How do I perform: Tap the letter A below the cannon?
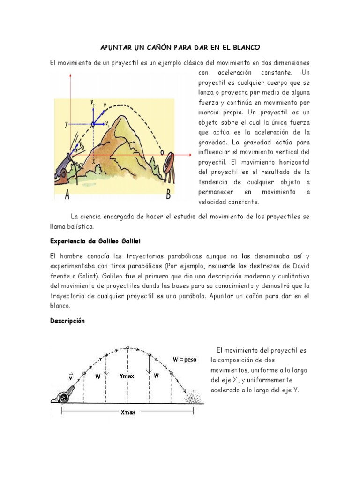pos(67,196)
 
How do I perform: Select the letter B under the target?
pos(168,196)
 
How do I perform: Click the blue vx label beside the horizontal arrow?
pos(107,124)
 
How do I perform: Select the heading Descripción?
pos(67,321)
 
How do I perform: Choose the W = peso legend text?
pos(185,360)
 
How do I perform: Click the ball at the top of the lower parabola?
pos(127,347)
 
